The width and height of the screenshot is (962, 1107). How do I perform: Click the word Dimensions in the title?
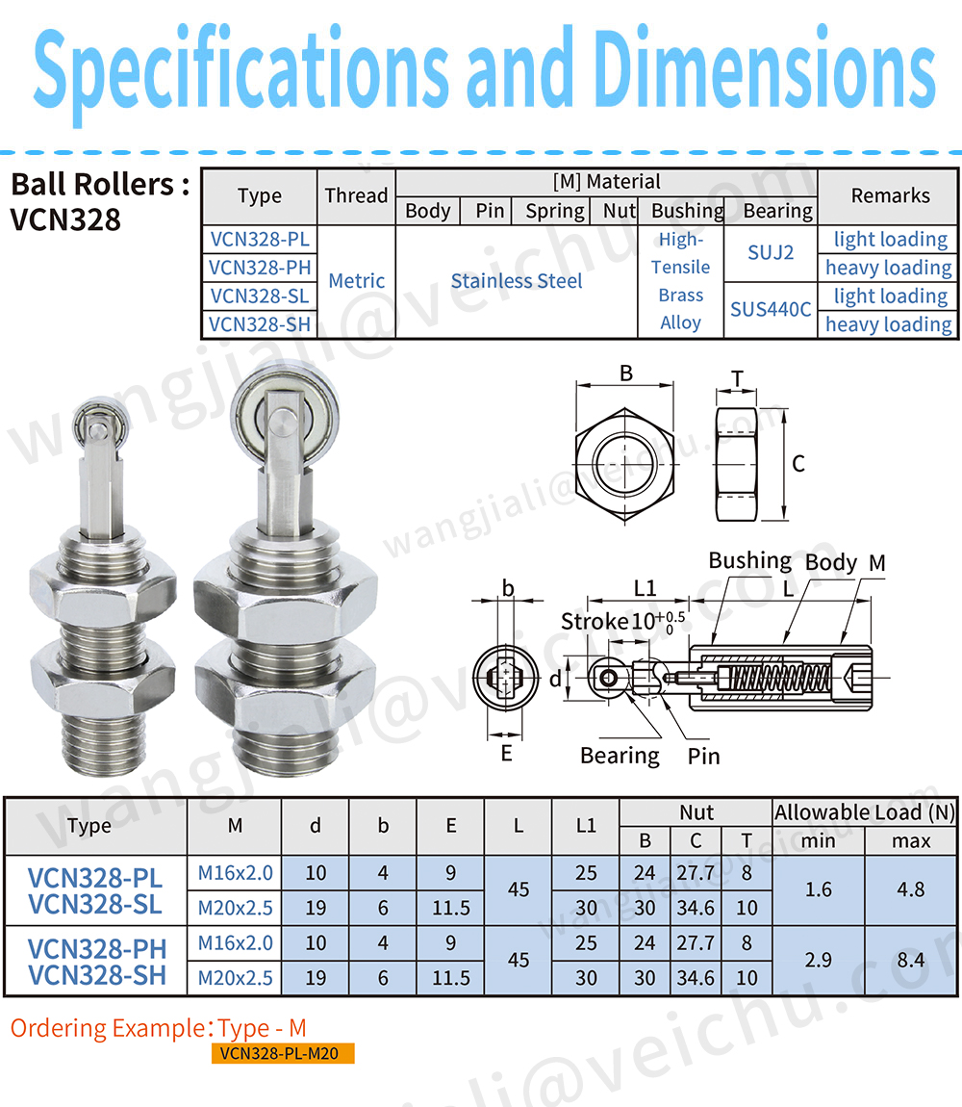[x=765, y=68]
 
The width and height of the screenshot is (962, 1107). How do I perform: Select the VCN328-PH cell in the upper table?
[x=260, y=268]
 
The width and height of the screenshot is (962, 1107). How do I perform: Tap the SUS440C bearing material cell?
[x=770, y=309]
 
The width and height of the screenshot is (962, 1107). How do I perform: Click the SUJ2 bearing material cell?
[x=770, y=253]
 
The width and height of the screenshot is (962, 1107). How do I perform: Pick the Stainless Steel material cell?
[x=517, y=281]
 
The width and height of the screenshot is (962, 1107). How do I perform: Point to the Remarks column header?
[x=890, y=195]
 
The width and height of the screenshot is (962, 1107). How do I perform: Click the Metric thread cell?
[x=357, y=281]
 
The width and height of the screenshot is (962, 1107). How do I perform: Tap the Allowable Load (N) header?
[x=865, y=812]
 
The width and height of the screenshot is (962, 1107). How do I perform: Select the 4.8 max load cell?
[x=910, y=889]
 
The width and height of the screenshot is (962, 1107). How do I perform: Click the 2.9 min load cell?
[x=818, y=960]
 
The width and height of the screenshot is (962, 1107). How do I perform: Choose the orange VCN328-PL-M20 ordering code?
[x=282, y=1053]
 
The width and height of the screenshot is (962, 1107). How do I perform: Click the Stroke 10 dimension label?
[x=621, y=621]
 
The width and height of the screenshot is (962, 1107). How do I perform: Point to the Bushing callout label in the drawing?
[x=749, y=560]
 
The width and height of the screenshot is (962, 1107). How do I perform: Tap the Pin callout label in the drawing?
[x=703, y=756]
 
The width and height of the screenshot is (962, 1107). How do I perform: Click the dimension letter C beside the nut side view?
[x=798, y=464]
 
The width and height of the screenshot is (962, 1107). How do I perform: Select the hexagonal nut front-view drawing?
[x=624, y=465]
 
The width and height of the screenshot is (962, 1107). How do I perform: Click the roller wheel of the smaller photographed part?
[x=101, y=424]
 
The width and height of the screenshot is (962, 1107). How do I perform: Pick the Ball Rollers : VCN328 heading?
[x=99, y=202]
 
